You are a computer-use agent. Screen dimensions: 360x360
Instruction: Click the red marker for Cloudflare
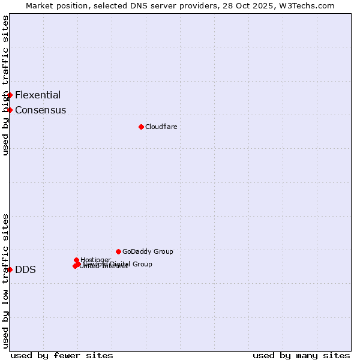(x=141, y=127)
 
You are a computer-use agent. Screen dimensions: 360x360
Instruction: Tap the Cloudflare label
(x=161, y=127)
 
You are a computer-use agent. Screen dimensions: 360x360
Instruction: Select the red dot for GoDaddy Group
(x=118, y=251)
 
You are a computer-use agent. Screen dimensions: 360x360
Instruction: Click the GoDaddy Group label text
(x=148, y=251)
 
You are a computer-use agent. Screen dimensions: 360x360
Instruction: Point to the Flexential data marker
(x=10, y=95)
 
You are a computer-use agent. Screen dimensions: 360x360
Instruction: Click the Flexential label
(x=38, y=95)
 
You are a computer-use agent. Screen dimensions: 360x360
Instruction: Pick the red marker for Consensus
(x=10, y=110)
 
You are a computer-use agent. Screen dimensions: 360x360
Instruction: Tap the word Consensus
(x=40, y=110)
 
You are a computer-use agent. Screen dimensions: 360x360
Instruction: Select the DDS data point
(x=10, y=269)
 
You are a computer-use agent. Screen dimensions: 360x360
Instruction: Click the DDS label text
(x=25, y=269)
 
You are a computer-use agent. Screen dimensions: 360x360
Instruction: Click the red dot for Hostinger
(x=76, y=260)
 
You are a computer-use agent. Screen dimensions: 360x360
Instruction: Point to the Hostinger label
(x=95, y=260)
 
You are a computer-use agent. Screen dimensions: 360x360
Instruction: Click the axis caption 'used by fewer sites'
(x=62, y=355)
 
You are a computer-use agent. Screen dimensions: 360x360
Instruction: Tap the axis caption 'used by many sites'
(x=301, y=355)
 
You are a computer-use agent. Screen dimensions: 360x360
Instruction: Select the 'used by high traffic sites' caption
(x=5, y=85)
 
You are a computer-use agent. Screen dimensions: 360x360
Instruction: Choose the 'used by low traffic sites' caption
(x=5, y=281)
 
